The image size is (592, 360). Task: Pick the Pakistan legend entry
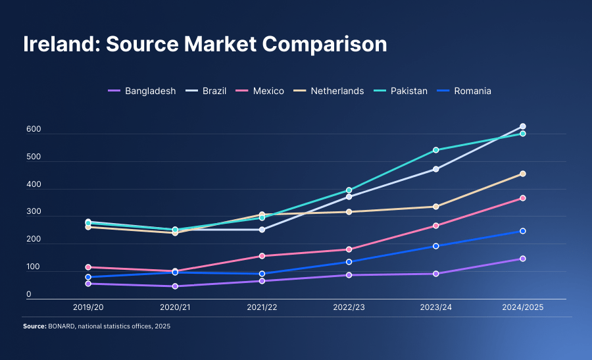[x=408, y=91]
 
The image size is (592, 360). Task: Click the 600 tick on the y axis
[x=34, y=130]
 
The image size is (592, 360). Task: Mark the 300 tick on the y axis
[x=34, y=213]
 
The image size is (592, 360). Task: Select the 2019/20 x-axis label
[x=88, y=307]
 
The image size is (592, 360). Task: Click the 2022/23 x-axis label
[x=349, y=307]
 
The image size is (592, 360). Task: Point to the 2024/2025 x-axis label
[x=522, y=307]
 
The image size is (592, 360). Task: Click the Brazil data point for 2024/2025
[x=523, y=126]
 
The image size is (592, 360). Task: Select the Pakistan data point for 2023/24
[x=435, y=150]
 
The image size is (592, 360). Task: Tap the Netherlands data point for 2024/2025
[x=523, y=174]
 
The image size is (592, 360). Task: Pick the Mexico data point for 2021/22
[x=262, y=256]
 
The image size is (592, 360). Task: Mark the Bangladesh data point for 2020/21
[x=175, y=286]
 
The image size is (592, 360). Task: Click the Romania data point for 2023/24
[x=435, y=246]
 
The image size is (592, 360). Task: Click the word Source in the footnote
[x=34, y=326]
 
